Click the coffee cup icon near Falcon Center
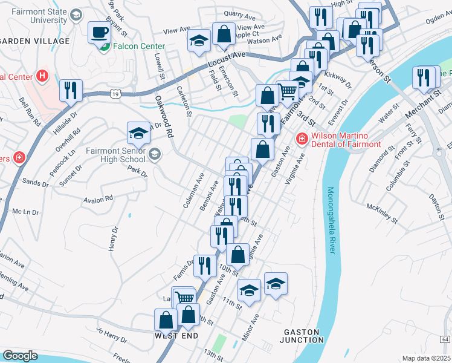point(99,33)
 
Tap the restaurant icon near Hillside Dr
point(71,91)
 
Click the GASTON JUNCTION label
point(303,336)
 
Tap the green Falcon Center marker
point(104,47)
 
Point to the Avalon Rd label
point(98,199)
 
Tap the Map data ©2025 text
point(425,358)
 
